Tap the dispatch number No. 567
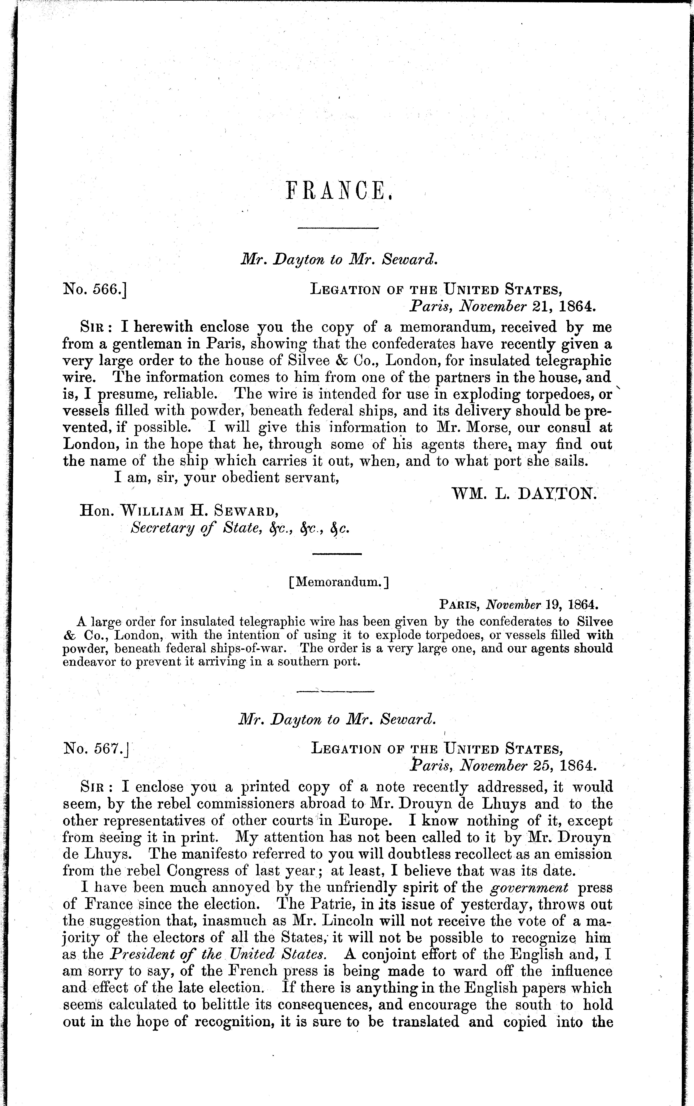[x=96, y=749]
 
